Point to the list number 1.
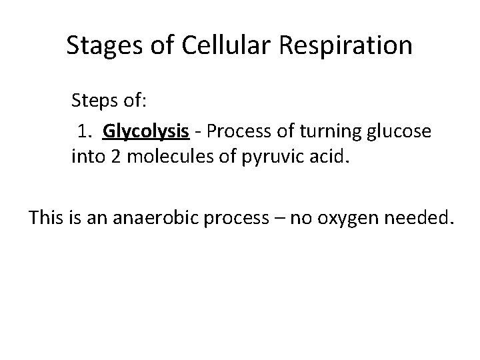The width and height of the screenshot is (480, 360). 83,131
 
